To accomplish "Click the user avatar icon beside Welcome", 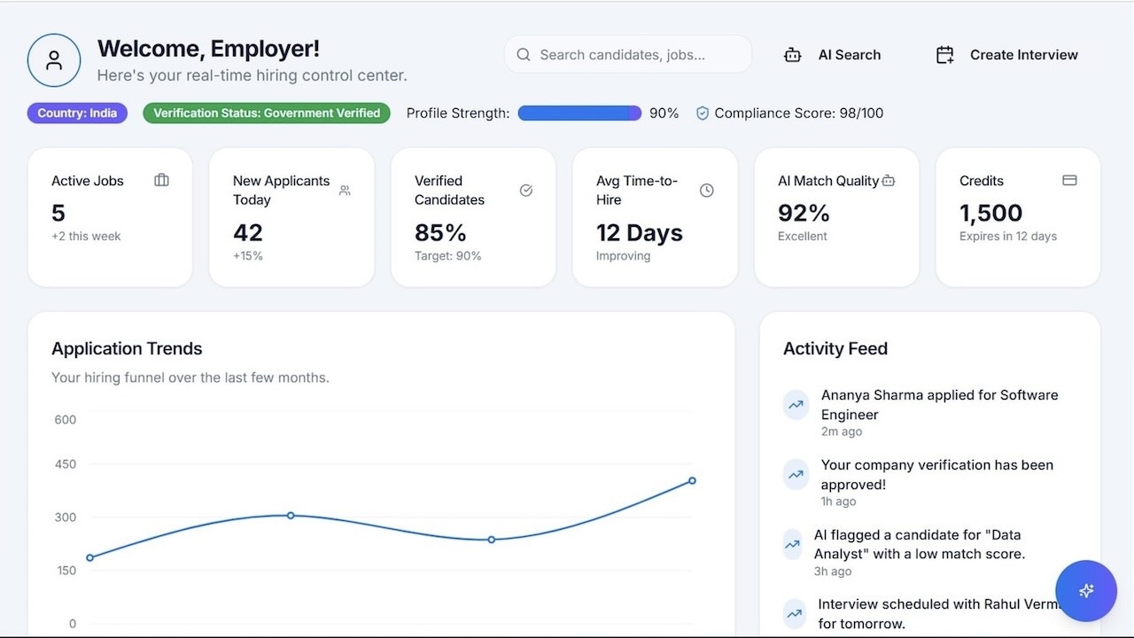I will [54, 60].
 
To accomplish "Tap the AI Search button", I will [832, 55].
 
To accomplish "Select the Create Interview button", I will [1006, 55].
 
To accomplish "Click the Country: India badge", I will [77, 113].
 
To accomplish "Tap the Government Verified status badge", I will [267, 113].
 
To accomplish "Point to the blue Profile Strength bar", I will [579, 113].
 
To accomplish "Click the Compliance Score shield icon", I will [703, 113].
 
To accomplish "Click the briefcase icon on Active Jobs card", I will [161, 180].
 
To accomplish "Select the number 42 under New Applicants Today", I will [248, 232].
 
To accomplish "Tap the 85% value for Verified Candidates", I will [440, 232].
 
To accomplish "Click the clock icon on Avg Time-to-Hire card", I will [706, 191].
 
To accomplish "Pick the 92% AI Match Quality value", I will [804, 213].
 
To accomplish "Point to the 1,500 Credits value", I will [990, 213].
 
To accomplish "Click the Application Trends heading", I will [127, 349].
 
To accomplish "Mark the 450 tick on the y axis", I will [66, 464].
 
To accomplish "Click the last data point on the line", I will [692, 481].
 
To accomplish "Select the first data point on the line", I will [89, 557].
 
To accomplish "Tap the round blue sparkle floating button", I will [1086, 591].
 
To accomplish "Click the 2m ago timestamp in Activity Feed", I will [841, 432].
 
